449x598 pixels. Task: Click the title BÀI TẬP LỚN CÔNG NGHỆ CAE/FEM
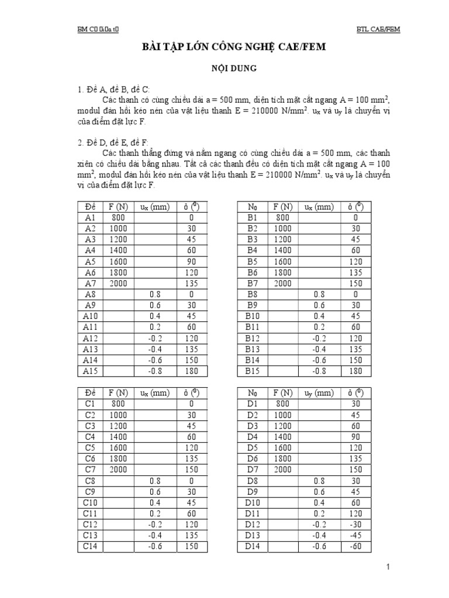224,47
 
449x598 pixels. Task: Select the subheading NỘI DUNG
224,68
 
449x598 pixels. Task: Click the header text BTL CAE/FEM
378,29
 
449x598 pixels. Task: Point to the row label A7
89,283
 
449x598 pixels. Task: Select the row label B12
252,338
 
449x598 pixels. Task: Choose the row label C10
90,502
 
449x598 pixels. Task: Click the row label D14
252,546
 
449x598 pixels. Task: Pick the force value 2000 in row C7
119,469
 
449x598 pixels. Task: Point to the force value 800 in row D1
282,404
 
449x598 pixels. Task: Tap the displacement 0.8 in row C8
156,480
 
